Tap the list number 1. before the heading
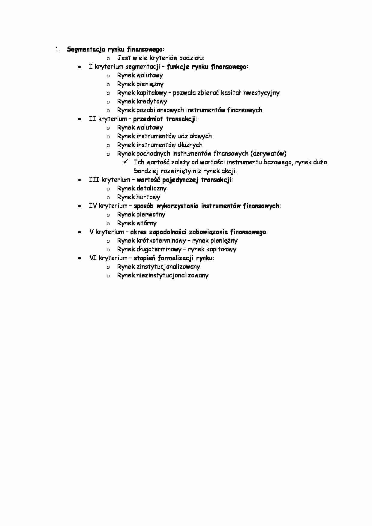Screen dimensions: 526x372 (57, 49)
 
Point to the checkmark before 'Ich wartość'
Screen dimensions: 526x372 (125, 162)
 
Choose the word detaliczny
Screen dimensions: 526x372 (151, 189)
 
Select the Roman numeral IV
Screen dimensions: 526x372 (93, 206)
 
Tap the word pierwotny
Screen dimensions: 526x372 (151, 215)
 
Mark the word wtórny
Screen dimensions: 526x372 (146, 223)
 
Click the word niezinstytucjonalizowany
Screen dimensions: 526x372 (172, 276)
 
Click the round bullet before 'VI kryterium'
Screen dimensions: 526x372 (79, 258)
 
